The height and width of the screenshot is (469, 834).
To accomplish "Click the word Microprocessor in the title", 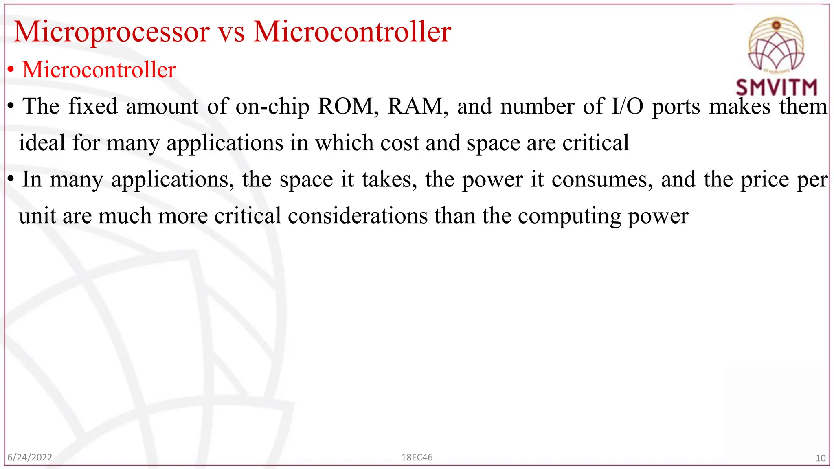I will pyautogui.click(x=111, y=32).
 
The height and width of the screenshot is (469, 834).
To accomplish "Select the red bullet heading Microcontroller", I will pyautogui.click(x=99, y=70).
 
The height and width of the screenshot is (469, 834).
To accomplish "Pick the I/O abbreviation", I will pyautogui.click(x=628, y=106).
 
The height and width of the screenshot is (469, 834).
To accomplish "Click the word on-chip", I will pyautogui.click(x=272, y=107).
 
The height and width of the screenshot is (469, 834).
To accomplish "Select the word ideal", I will pyautogui.click(x=42, y=143).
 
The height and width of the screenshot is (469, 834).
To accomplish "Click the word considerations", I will pyautogui.click(x=358, y=216).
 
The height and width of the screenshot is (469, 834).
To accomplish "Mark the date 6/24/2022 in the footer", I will pyautogui.click(x=30, y=457).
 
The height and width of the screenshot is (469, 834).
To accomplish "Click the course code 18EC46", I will pyautogui.click(x=417, y=457).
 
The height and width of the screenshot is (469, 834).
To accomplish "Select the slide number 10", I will pyautogui.click(x=820, y=458).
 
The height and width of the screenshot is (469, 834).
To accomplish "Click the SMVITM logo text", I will pyautogui.click(x=776, y=88).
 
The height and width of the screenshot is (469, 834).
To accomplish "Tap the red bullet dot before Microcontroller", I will pyautogui.click(x=11, y=70).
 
